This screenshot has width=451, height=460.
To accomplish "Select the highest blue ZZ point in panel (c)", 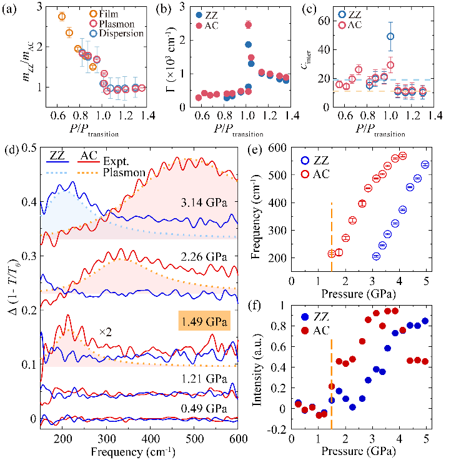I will coord(390,36).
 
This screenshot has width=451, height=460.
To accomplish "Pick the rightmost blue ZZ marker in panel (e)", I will coord(425,164).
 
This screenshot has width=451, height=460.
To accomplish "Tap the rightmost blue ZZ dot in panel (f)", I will coord(425,321).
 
